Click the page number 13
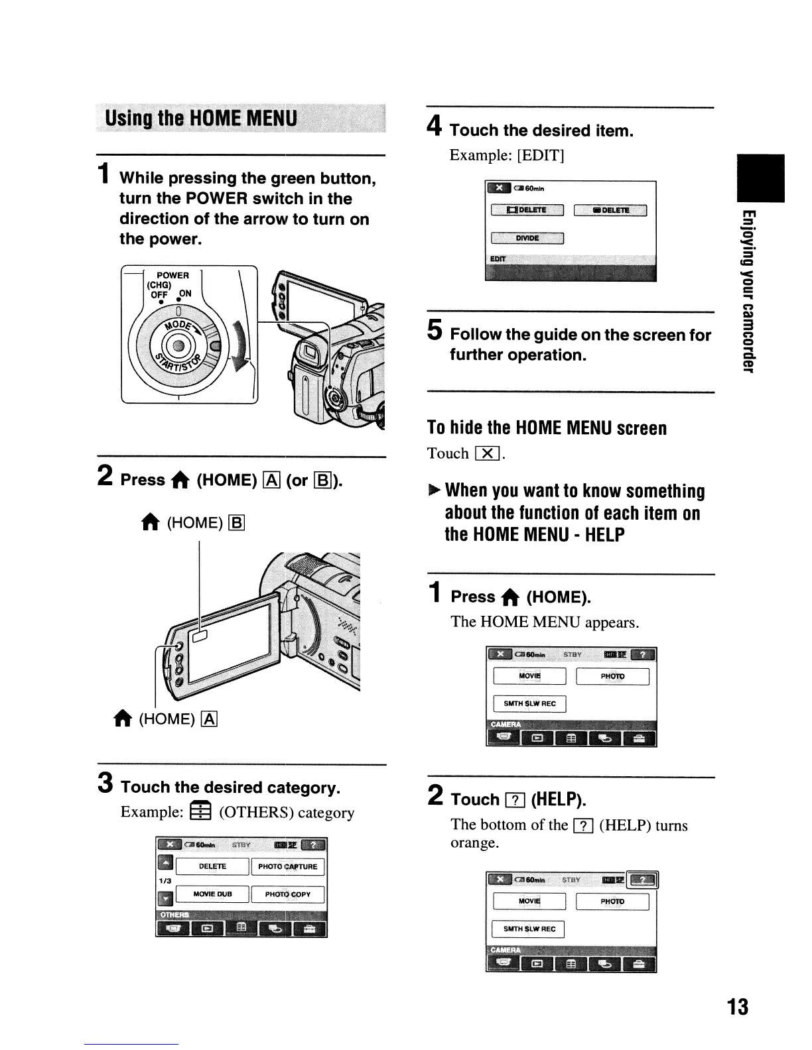pos(737,1007)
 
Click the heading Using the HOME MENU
pos(201,119)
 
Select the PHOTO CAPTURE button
pos(287,866)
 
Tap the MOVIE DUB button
pos(212,894)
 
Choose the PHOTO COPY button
pos(287,894)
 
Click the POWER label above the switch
pos(172,275)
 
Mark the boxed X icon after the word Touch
pos(488,453)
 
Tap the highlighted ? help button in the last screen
pos(643,880)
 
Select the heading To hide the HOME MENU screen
pos(547,428)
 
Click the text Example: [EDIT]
pos(507,155)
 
